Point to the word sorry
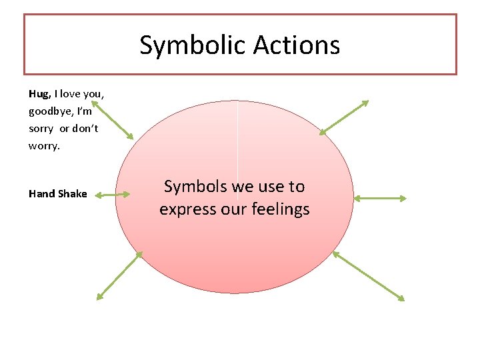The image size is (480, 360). click(41, 128)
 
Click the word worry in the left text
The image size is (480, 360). click(43, 145)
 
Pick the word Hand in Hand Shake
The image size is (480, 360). click(41, 194)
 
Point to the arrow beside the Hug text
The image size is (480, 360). click(113, 119)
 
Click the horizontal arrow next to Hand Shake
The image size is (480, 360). click(112, 195)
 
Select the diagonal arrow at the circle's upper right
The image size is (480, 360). click(343, 117)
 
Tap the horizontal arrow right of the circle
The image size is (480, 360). click(379, 198)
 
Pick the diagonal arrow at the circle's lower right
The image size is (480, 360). click(368, 275)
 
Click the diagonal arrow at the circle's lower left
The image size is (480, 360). click(120, 275)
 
